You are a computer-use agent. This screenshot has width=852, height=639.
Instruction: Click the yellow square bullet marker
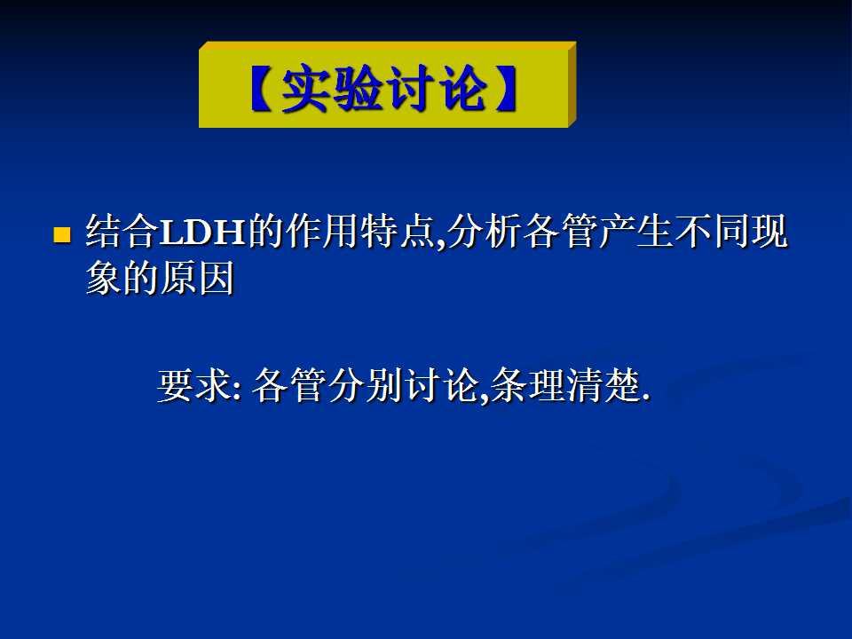click(x=62, y=234)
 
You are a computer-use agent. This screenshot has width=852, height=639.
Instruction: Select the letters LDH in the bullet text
click(x=202, y=232)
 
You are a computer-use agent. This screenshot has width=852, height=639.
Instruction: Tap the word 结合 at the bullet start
click(x=122, y=232)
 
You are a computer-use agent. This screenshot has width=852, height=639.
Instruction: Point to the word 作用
click(x=320, y=232)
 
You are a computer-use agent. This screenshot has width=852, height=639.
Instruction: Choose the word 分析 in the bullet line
click(x=485, y=232)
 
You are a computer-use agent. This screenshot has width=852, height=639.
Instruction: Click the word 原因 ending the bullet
click(x=197, y=278)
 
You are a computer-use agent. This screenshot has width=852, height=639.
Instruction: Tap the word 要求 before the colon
click(x=194, y=385)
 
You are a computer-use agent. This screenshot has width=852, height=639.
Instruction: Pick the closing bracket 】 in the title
click(x=505, y=89)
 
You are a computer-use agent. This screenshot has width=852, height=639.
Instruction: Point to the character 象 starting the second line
click(x=105, y=278)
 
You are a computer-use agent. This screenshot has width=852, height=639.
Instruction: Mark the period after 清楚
click(x=645, y=398)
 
